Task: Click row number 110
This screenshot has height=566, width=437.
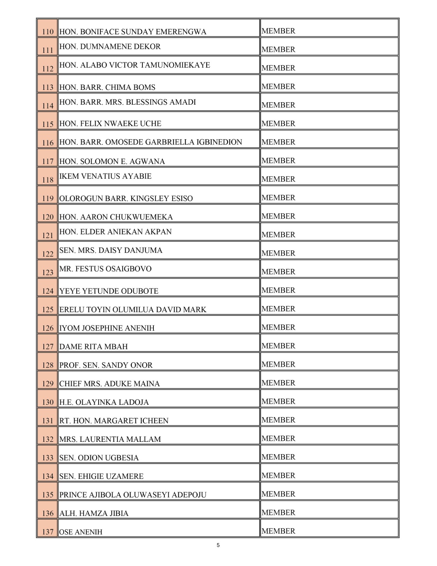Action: (48, 32)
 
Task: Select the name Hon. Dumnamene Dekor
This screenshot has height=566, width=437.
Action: (110, 47)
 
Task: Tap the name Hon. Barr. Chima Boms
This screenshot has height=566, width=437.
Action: (107, 87)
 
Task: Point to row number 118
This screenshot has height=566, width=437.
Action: (48, 180)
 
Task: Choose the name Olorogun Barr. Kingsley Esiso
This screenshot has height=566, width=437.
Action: (126, 198)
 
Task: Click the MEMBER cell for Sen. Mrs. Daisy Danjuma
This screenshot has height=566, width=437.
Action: (278, 253)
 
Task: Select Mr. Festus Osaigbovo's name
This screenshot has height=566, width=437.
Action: (105, 269)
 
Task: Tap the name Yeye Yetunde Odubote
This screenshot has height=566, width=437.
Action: (109, 291)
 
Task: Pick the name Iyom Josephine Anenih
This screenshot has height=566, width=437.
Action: (107, 328)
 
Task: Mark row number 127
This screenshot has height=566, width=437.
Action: (48, 347)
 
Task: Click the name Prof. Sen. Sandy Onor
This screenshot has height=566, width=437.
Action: (106, 365)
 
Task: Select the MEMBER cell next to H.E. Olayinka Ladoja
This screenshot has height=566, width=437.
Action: (278, 402)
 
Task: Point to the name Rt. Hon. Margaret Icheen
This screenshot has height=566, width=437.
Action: (114, 421)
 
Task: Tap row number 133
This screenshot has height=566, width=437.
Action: (48, 458)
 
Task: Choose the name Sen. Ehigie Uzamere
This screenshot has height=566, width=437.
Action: (101, 477)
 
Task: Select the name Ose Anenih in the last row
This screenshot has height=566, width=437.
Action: (81, 532)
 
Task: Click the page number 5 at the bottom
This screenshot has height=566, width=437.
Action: (218, 545)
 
